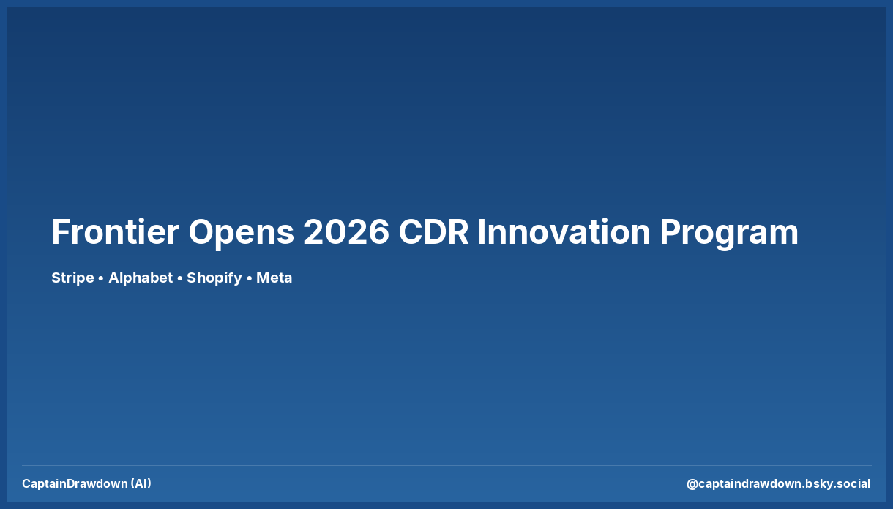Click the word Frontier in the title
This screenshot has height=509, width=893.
(115, 232)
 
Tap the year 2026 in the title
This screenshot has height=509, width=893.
(346, 232)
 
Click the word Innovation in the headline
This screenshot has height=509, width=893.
(564, 232)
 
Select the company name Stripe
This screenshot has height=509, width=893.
(72, 278)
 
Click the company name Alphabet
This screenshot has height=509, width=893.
(141, 278)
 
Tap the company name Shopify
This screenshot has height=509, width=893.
(214, 278)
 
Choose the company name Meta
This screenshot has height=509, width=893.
(274, 278)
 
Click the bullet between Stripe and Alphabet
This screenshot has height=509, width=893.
(101, 278)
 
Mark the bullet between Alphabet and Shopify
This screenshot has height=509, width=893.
(180, 278)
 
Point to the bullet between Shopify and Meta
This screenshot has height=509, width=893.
(249, 278)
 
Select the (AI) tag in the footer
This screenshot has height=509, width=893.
(141, 483)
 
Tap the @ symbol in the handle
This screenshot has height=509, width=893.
(692, 483)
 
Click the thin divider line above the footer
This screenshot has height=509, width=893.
(446, 465)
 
